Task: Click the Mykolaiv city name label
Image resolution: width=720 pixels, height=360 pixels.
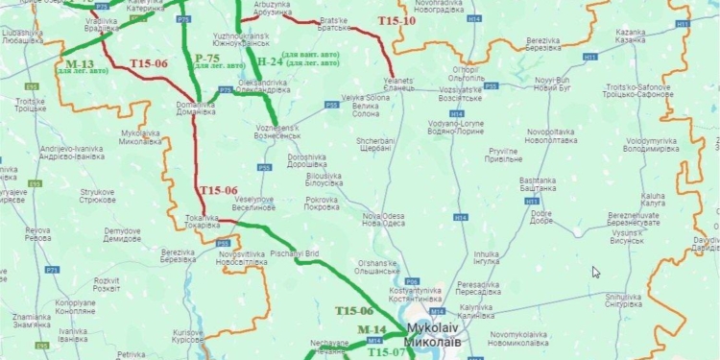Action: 435,334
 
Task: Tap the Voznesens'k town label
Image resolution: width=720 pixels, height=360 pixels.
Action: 279,132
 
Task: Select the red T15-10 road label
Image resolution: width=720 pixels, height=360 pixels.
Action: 396,20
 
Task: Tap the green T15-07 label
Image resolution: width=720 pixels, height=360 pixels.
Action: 388,352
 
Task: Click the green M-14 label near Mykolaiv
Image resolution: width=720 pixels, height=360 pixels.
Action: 371,329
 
